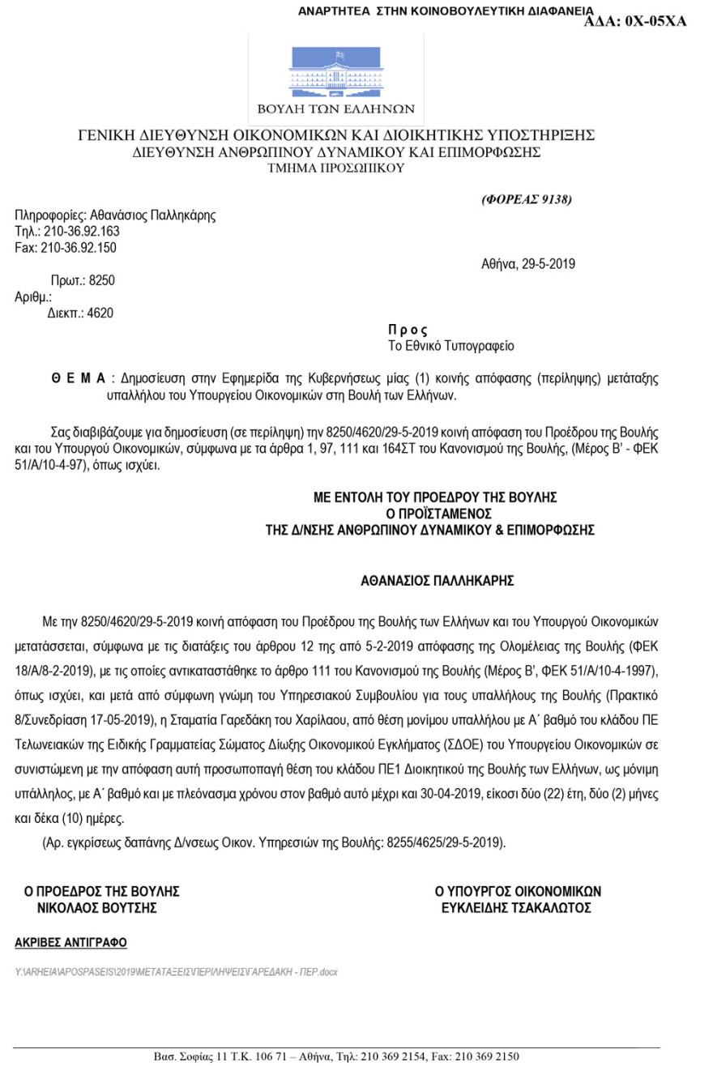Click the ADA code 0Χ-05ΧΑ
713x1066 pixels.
coord(635,22)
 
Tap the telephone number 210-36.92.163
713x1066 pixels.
coord(80,232)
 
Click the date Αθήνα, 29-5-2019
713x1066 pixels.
coord(528,264)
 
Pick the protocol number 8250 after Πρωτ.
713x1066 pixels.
coord(102,281)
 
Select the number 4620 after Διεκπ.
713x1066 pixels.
coord(100,313)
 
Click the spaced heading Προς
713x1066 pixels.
coord(408,330)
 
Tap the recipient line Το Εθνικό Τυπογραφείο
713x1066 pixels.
coord(451,346)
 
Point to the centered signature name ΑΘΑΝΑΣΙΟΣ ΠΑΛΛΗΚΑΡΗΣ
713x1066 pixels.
coord(438,581)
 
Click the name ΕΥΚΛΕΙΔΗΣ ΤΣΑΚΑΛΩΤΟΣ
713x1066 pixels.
coord(516,908)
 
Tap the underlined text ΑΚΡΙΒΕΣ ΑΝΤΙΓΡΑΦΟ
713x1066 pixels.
coord(71,943)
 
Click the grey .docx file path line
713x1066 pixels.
coord(176,970)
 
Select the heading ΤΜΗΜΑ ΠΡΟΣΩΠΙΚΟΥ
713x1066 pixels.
coord(335,168)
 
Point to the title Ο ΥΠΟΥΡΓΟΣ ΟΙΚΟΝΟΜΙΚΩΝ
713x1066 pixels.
coord(518,892)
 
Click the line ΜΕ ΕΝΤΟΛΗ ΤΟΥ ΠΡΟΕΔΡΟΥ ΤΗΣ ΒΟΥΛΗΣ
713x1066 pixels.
coord(435,497)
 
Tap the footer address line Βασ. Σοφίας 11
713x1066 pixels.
coord(336,1056)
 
